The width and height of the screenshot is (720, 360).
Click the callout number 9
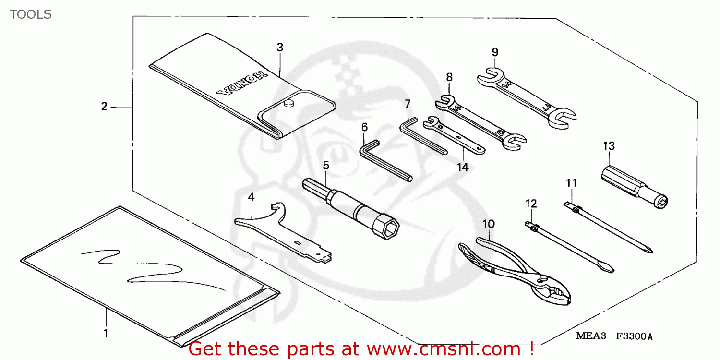click(495, 52)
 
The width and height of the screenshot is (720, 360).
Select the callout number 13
click(609, 146)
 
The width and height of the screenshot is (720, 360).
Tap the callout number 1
click(106, 333)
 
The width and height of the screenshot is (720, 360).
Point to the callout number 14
click(462, 167)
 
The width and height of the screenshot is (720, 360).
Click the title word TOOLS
click(31, 14)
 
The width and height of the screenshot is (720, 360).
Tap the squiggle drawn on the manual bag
click(144, 269)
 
